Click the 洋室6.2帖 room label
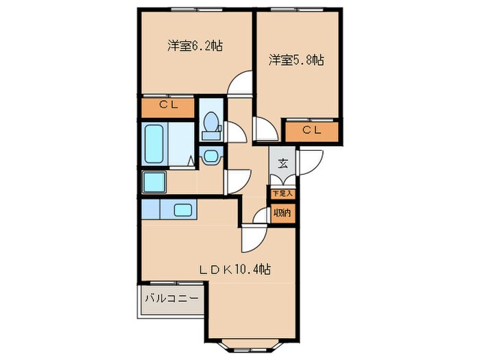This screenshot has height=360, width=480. [x=196, y=47]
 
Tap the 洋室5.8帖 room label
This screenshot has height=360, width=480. [x=296, y=60]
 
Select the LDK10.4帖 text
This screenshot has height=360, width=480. [x=235, y=269]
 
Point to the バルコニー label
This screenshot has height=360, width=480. [x=171, y=300]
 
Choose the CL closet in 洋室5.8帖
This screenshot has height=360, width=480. [x=312, y=130]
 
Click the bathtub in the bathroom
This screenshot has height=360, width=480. [x=155, y=143]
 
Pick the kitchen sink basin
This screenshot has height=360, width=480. [x=182, y=210]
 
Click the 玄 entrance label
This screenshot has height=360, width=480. [x=283, y=164]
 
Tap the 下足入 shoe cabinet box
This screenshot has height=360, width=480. [x=282, y=193]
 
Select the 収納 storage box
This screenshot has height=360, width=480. [x=282, y=213]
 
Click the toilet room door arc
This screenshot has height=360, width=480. [x=233, y=131]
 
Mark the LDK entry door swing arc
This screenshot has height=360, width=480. [x=250, y=240]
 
